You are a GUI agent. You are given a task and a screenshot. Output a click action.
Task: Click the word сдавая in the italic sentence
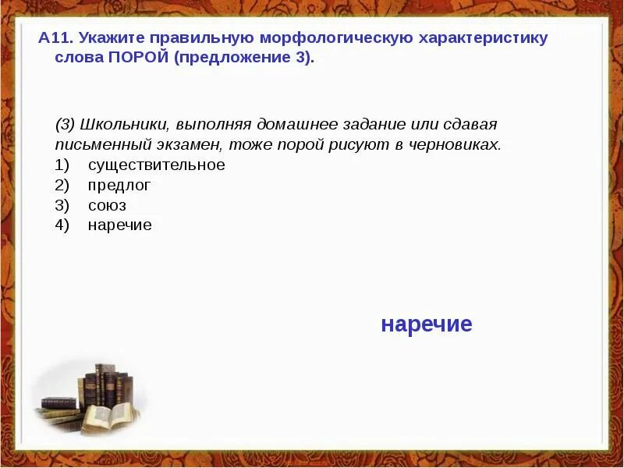pos(470,125)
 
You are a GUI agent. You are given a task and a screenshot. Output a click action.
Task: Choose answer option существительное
pos(156,165)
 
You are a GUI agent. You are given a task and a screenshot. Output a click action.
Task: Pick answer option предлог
pos(119,186)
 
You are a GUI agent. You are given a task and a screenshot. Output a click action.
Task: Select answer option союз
pos(107,206)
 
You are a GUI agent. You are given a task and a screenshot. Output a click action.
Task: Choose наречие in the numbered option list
pos(119,225)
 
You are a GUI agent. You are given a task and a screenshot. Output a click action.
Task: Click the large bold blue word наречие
pos(427,324)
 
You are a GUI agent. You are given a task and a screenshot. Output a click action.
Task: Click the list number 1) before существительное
pos(62,165)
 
